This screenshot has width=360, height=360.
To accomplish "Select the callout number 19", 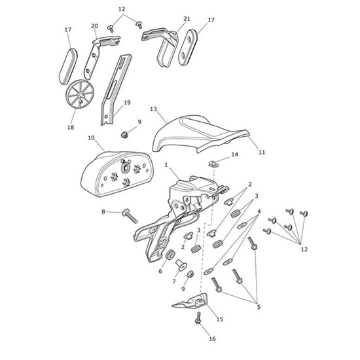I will coord(127,103).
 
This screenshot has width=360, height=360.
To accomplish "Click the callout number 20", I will coord(94,26).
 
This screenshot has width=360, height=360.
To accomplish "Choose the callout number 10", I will coord(91,138).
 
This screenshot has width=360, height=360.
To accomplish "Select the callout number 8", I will coord(103,211).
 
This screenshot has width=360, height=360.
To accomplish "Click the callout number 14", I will coord(235,155).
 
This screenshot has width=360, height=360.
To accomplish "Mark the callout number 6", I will coord(160,270).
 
